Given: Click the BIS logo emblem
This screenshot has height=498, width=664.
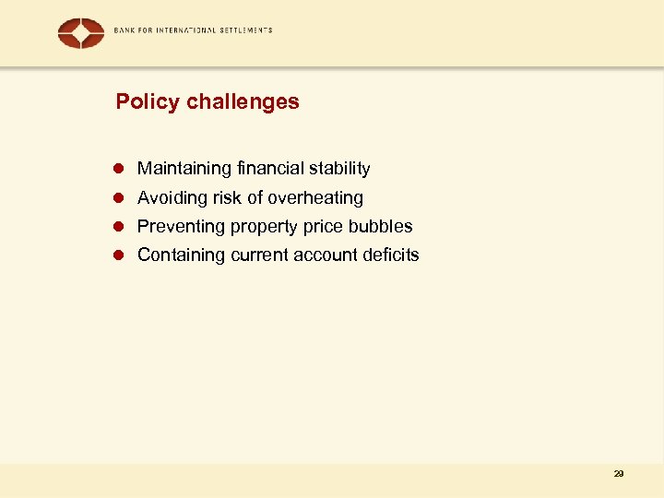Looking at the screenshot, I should (81, 33).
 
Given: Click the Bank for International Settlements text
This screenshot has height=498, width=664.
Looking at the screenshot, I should (193, 30).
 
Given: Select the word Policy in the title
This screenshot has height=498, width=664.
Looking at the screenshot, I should (148, 101).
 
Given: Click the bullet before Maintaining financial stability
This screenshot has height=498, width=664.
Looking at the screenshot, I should (119, 169).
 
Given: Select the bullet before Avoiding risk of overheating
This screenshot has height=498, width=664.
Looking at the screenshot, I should (119, 198).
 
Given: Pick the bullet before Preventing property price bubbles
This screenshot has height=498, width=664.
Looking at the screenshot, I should (119, 227).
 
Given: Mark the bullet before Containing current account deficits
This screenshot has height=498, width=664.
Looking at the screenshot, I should (119, 255).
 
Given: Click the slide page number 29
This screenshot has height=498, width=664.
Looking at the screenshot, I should (618, 474).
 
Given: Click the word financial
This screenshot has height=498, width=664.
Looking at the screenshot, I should (271, 169).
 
